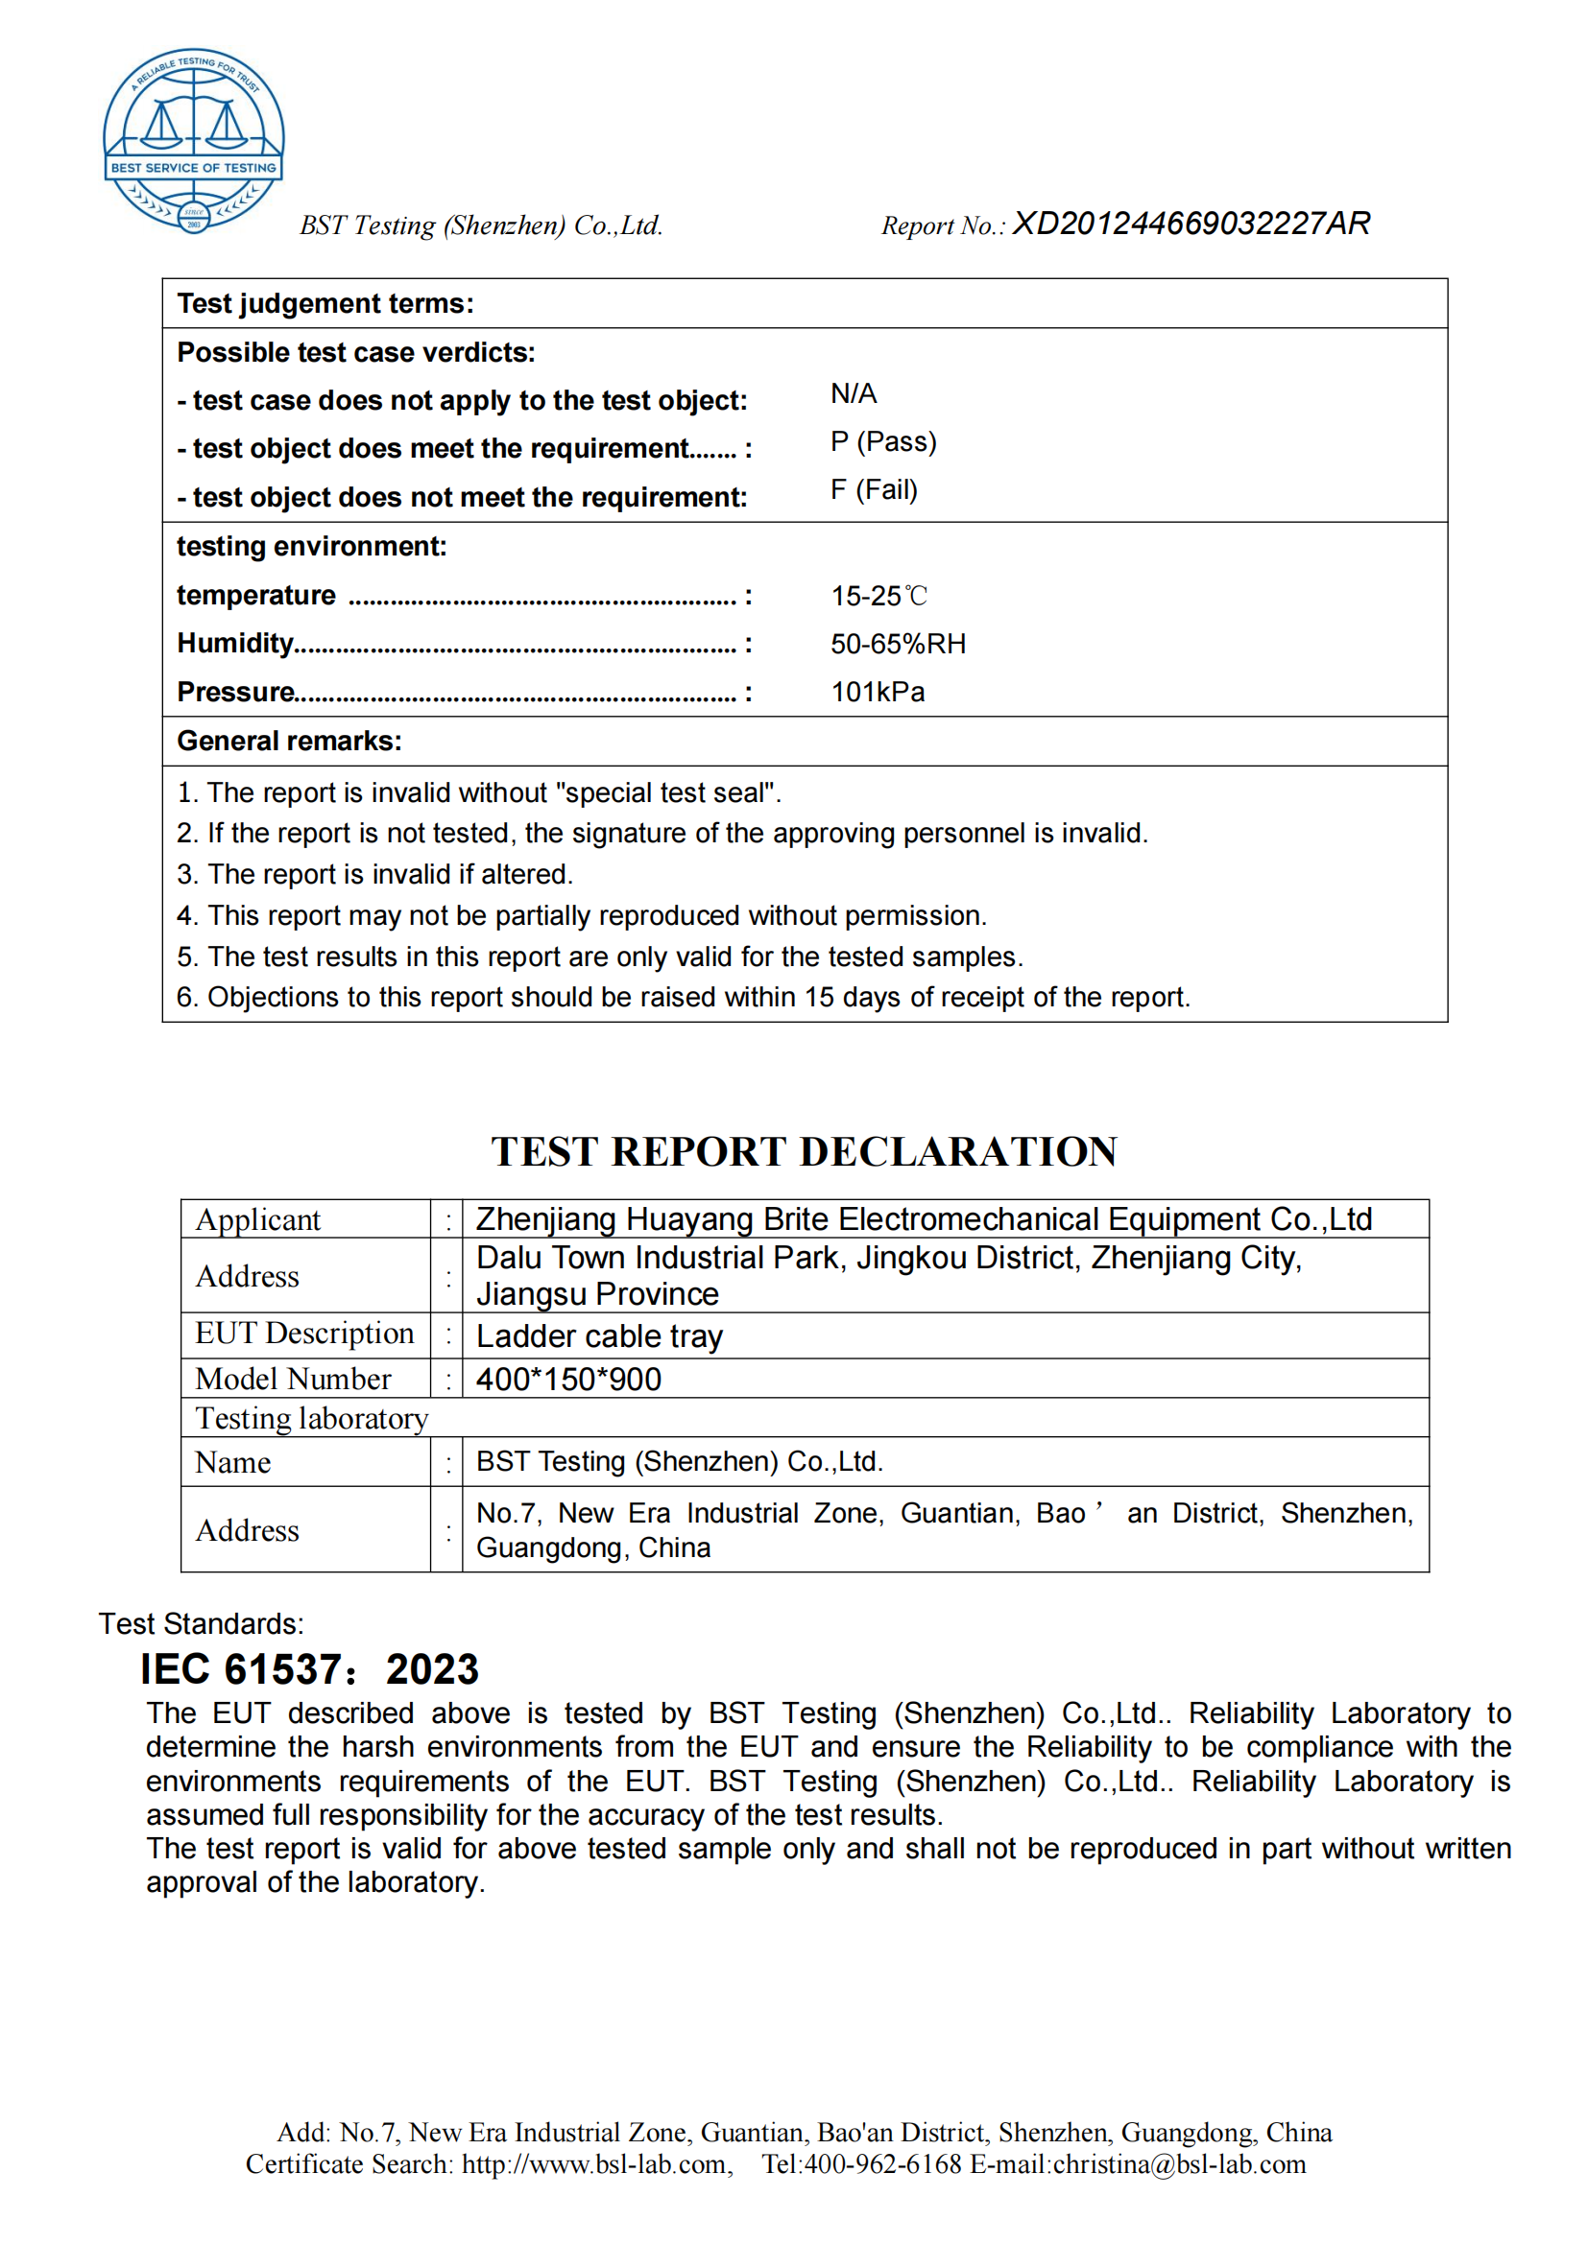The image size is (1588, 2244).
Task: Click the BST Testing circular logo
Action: [194, 140]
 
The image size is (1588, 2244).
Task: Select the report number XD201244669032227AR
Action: [1191, 224]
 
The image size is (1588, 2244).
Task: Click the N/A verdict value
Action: [854, 394]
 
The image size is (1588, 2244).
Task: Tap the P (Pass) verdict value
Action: [883, 441]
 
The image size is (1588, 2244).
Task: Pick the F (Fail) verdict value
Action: [875, 489]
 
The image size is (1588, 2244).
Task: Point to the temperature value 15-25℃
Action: [878, 595]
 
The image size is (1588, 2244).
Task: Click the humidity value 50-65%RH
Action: [898, 644]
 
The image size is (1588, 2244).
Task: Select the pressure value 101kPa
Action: [878, 692]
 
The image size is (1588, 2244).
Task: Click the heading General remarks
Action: [289, 741]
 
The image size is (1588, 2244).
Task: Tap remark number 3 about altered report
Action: [374, 874]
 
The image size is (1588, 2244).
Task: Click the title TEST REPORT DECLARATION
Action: [804, 1151]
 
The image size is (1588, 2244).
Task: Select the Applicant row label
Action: [258, 1219]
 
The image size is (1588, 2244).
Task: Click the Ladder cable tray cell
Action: [599, 1336]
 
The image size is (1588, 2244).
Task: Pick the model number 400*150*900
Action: [568, 1379]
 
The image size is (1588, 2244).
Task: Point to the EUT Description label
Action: [304, 1334]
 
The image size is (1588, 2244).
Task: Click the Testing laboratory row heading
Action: [312, 1418]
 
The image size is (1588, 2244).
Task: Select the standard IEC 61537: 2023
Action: [310, 1669]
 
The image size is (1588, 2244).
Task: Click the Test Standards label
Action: [202, 1623]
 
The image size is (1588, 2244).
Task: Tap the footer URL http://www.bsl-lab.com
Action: [594, 2163]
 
